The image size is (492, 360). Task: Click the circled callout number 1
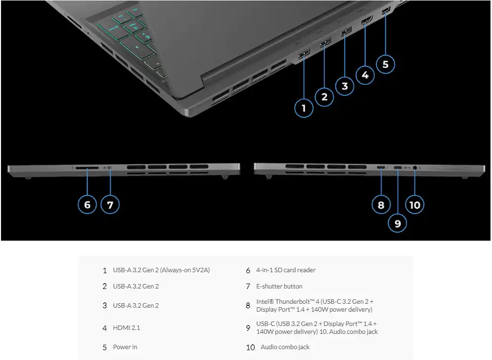coord(303,108)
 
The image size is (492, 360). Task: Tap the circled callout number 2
coord(324,97)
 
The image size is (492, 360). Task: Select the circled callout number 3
coord(344,86)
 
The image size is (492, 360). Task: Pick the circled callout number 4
coord(365,75)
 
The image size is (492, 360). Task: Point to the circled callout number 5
coord(385,64)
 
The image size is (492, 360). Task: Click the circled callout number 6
coord(87,204)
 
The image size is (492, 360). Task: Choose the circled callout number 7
coord(110,204)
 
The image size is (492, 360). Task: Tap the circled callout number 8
coord(380,204)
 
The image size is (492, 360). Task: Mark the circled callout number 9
coord(398,223)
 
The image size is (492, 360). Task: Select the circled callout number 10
coord(415,204)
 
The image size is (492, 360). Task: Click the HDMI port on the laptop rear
coord(366,22)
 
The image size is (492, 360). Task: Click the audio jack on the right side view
coord(415,168)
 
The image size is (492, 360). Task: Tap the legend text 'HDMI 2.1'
coord(126,327)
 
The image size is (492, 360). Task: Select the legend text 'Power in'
coord(125,347)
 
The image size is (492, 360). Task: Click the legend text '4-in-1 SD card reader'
coord(286,270)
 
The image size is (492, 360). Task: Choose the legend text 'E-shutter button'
coord(279,287)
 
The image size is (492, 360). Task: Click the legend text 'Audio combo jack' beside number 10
coord(285,347)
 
